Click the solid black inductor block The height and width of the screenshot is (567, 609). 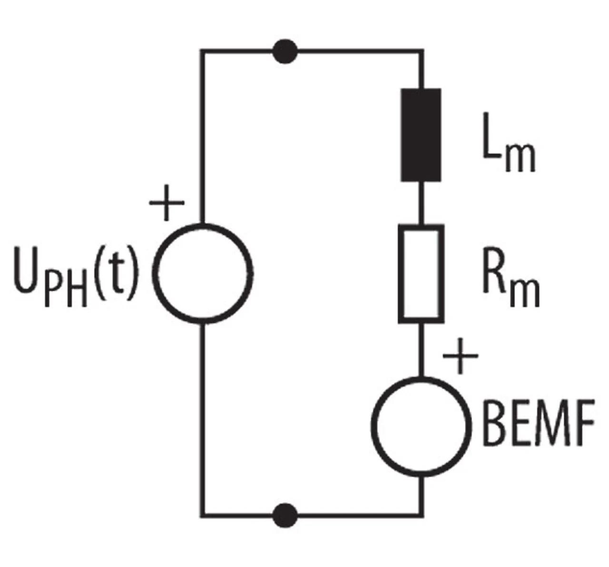pyautogui.click(x=421, y=135)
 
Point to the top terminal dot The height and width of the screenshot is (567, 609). pyautogui.click(x=285, y=51)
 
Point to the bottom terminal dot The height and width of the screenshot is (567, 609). pyautogui.click(x=285, y=515)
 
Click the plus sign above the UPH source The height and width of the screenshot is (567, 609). pyautogui.click(x=167, y=202)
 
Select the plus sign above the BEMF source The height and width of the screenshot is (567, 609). pyautogui.click(x=460, y=356)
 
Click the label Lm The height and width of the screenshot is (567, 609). pyautogui.click(x=509, y=142)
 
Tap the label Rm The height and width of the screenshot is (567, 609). pyautogui.click(x=511, y=276)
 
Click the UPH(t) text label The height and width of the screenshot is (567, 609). pyautogui.click(x=76, y=275)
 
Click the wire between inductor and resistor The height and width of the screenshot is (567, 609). pyautogui.click(x=421, y=202)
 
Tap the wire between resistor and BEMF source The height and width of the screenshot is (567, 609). pyautogui.click(x=421, y=350)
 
